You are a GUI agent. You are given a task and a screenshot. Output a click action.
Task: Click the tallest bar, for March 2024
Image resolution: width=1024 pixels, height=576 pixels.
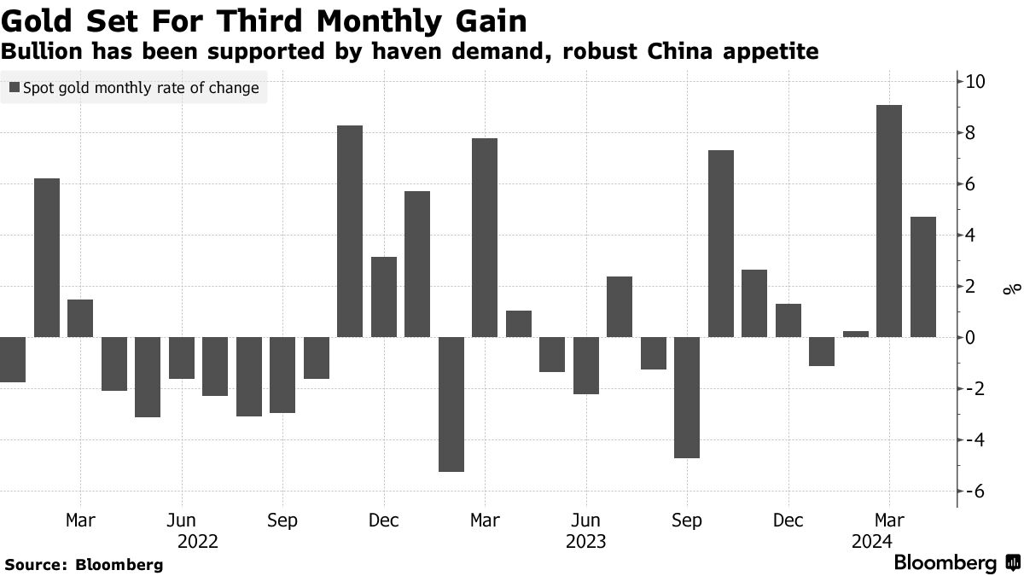pyautogui.click(x=889, y=221)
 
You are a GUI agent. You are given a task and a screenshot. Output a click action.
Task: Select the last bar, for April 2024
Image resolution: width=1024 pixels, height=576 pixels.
pyautogui.click(x=923, y=276)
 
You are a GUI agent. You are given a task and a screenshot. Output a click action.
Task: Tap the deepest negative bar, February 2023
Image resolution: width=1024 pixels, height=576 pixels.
pyautogui.click(x=451, y=404)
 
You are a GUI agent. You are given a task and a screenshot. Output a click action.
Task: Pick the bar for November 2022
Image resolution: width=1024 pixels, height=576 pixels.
pyautogui.click(x=350, y=231)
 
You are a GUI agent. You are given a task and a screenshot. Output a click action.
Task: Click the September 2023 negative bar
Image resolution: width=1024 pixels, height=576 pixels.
pyautogui.click(x=687, y=397)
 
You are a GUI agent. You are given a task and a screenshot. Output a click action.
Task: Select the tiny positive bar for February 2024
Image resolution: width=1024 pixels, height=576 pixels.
pyautogui.click(x=856, y=334)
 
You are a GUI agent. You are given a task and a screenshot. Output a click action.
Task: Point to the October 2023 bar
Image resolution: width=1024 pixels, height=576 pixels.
pyautogui.click(x=721, y=243)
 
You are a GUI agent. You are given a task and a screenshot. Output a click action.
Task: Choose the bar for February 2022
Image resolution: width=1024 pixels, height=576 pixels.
pyautogui.click(x=47, y=258)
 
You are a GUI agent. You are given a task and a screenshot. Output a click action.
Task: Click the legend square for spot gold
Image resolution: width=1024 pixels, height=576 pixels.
pyautogui.click(x=15, y=88)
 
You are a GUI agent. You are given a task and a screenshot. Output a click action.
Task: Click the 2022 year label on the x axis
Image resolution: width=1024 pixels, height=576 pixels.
pyautogui.click(x=198, y=542)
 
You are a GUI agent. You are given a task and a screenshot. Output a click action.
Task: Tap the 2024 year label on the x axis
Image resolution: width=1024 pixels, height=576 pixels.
pyautogui.click(x=871, y=542)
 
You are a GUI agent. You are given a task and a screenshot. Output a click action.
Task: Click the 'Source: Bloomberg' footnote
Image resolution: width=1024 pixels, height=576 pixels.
pyautogui.click(x=84, y=565)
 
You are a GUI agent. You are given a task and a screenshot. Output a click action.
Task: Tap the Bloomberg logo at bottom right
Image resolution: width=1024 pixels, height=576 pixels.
pyautogui.click(x=956, y=563)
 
